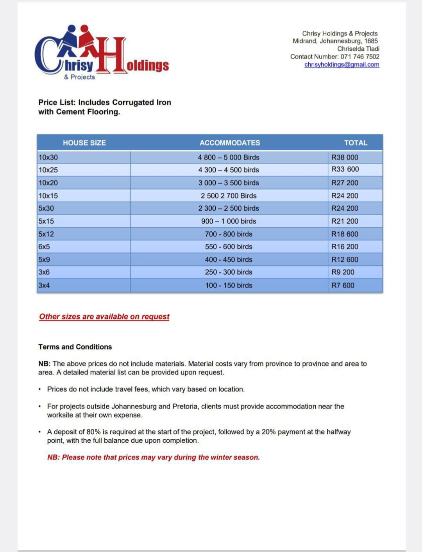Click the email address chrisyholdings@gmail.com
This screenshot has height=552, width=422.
342,64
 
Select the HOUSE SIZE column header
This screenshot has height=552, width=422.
84,143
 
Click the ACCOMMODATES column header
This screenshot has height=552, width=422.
229,143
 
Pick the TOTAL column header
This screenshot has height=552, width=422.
355,143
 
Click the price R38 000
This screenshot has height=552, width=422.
345,157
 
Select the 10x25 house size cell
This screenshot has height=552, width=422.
48,170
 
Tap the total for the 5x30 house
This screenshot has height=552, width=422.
345,208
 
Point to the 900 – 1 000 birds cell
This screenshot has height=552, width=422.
229,221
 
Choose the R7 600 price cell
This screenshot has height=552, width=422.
343,285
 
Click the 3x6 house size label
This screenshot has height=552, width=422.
44,272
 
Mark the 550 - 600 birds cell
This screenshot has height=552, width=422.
229,247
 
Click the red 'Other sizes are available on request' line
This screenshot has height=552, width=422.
104,316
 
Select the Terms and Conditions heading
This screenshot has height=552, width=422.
75,347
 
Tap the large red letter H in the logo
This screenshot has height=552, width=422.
112,56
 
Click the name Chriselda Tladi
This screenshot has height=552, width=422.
358,49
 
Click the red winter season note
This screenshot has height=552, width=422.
153,457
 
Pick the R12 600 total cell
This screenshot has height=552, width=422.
345,259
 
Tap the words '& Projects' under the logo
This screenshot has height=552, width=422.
79,77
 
